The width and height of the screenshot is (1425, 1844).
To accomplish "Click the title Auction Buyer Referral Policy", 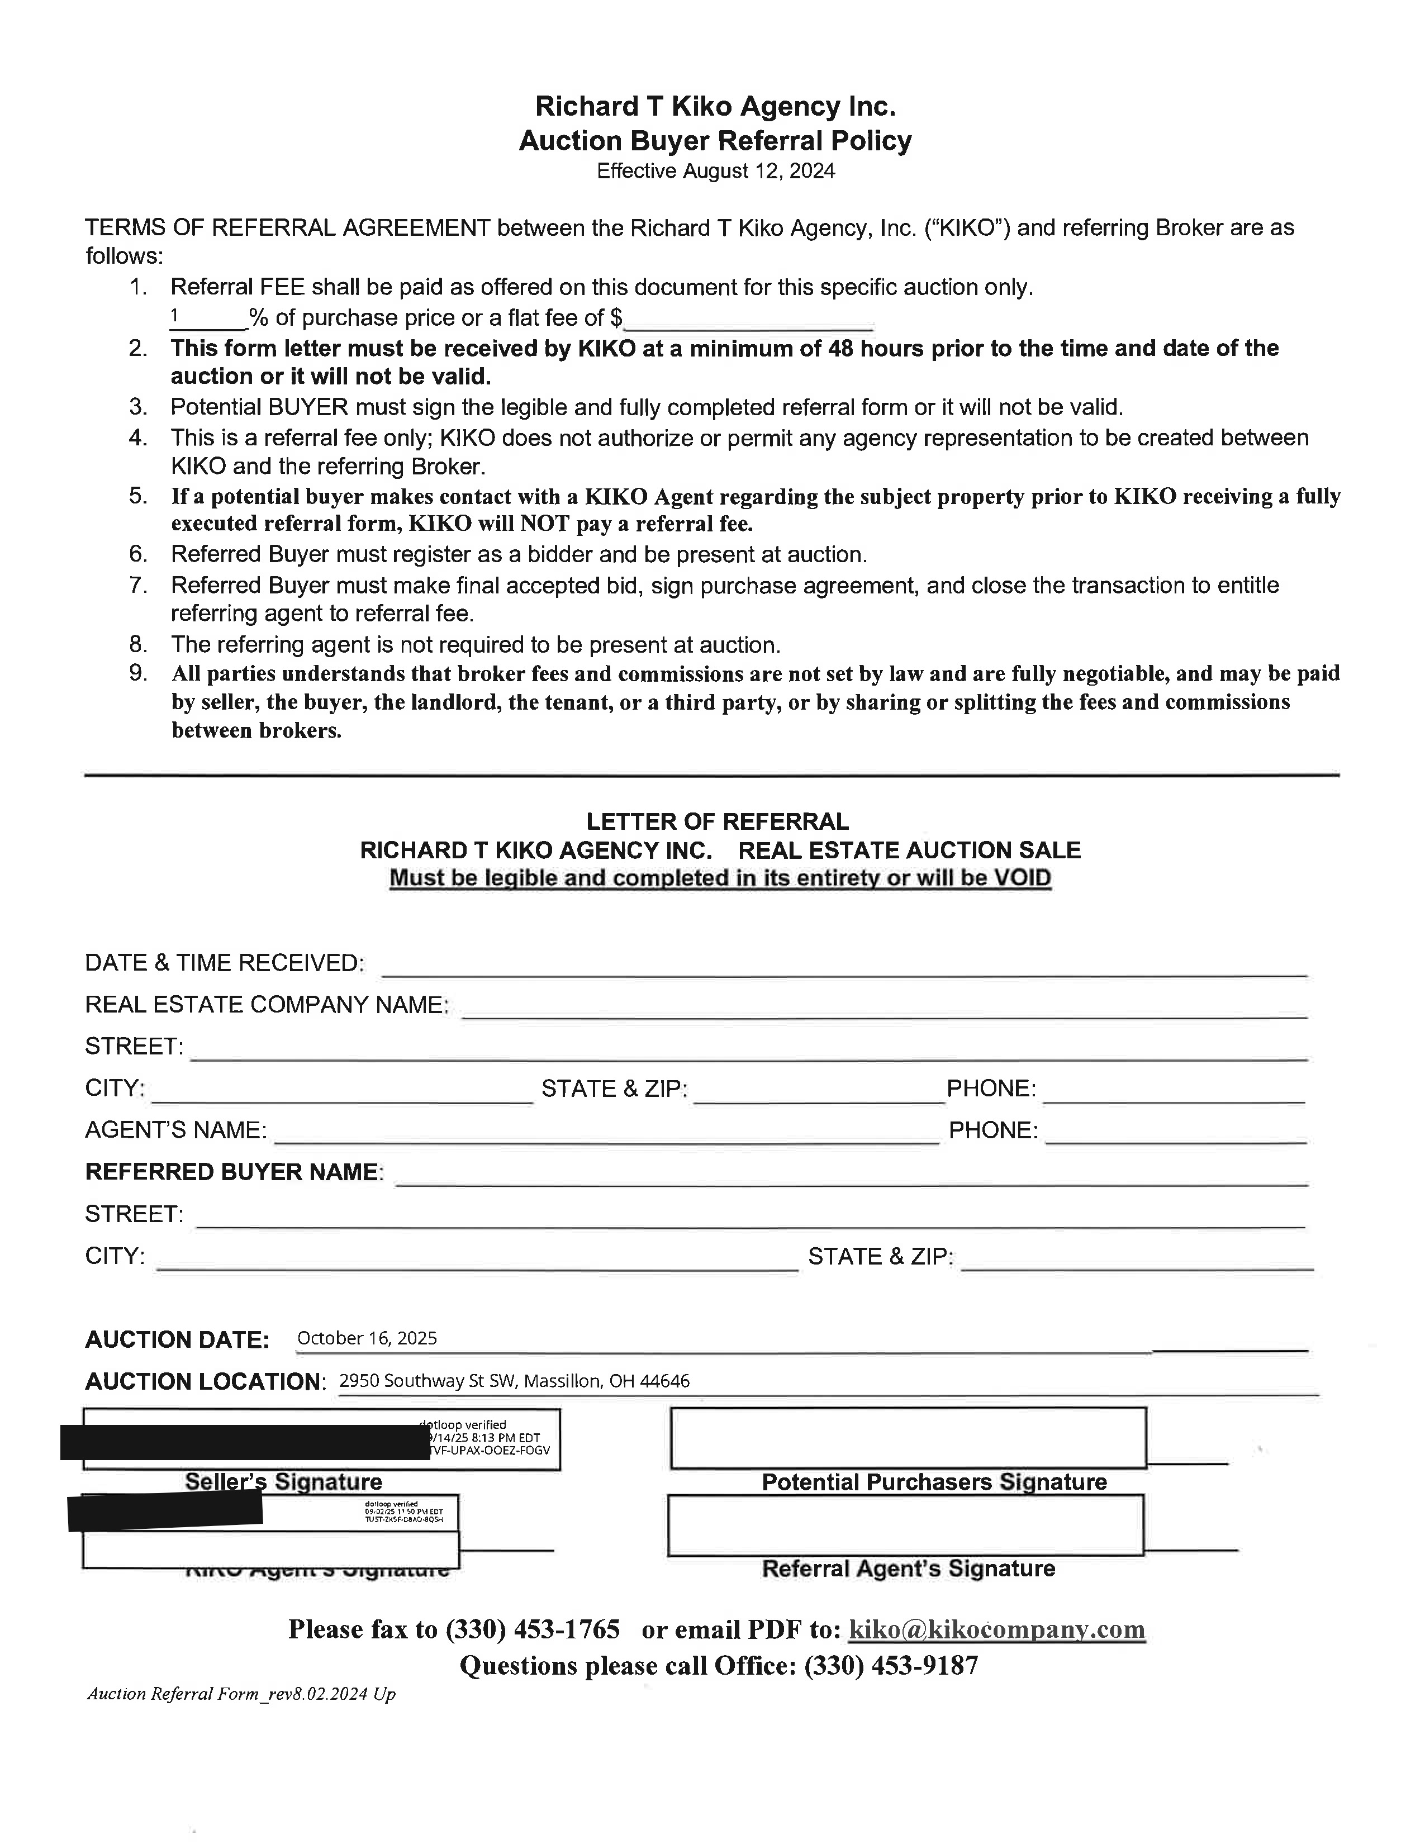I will pos(715,140).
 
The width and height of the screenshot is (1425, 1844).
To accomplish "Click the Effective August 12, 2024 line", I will pos(715,172).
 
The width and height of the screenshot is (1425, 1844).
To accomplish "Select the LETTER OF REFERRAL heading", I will pos(717,821).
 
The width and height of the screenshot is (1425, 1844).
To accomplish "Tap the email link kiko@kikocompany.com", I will pos(996,1629).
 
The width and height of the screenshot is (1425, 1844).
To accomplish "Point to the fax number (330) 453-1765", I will pos(532,1629).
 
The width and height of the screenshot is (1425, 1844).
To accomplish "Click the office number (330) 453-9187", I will pos(891,1665).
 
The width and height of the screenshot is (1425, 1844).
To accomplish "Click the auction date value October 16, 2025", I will pos(367,1338).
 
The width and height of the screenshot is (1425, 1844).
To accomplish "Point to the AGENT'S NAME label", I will pos(175,1130).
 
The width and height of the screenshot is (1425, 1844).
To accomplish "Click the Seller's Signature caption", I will pos(284,1482).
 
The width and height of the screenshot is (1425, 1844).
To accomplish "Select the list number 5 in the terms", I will pos(139,496).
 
